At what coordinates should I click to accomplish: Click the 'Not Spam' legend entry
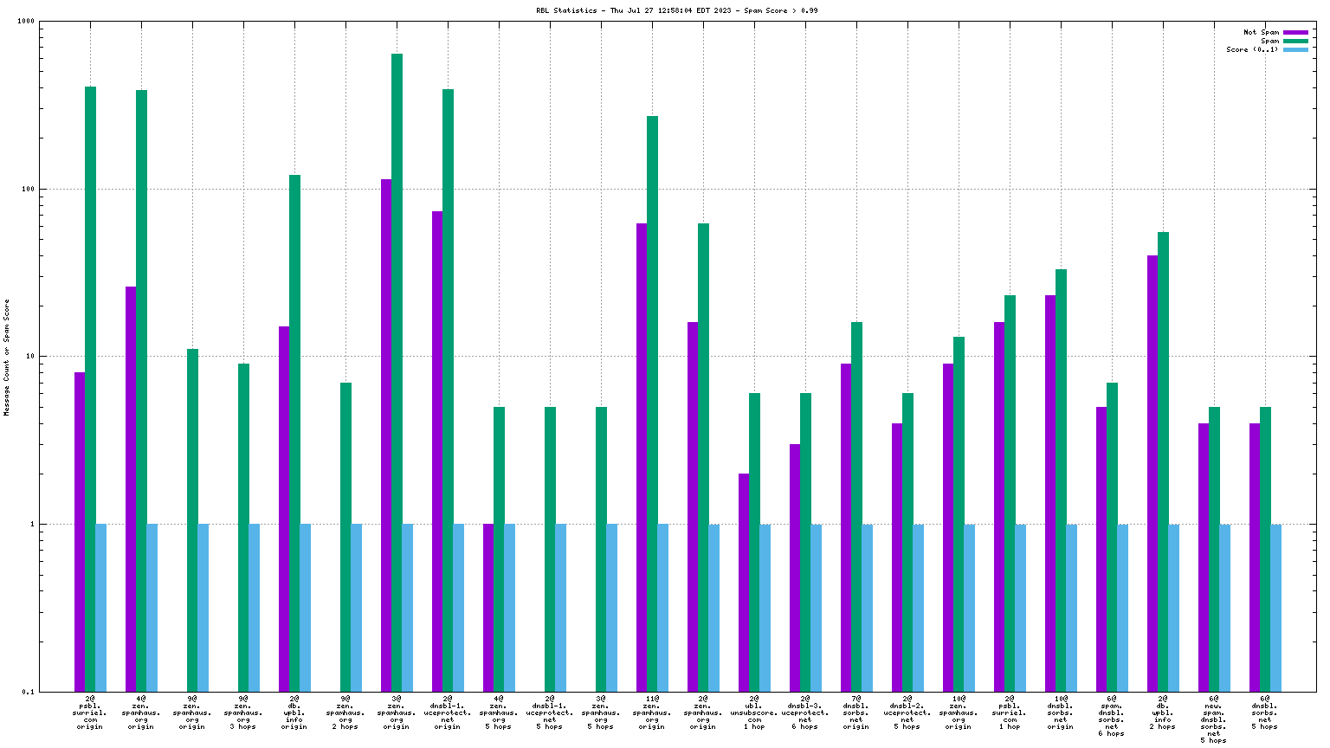click(x=1261, y=33)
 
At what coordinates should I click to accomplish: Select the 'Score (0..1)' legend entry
click(x=1251, y=50)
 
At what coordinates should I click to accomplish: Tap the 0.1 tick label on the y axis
click(x=27, y=692)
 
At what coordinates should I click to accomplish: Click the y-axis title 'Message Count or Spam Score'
click(x=7, y=358)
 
